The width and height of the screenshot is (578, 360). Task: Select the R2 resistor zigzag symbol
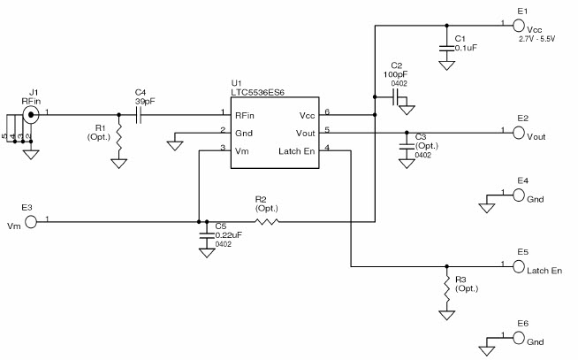(x=266, y=221)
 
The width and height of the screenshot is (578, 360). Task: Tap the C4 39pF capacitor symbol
(x=141, y=114)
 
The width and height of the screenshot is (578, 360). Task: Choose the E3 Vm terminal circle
(x=31, y=221)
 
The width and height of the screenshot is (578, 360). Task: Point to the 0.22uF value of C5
(x=227, y=234)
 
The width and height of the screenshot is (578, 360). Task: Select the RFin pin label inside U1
(x=245, y=115)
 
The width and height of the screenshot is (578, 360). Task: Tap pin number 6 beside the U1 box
(x=328, y=111)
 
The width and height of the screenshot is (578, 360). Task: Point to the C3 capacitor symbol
(x=407, y=143)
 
